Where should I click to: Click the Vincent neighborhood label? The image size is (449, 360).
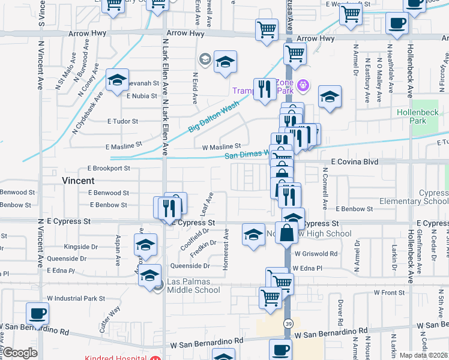[x=78, y=180]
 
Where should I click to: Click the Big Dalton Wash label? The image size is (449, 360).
[x=214, y=115]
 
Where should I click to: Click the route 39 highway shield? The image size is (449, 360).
[x=289, y=324]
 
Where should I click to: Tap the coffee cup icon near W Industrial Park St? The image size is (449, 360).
[x=38, y=314]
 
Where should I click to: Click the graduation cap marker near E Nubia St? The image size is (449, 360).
[x=117, y=80]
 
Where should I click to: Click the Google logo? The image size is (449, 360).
[x=20, y=353]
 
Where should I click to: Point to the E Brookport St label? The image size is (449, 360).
[x=109, y=169]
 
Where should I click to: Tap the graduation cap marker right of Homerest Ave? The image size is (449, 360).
[x=253, y=234]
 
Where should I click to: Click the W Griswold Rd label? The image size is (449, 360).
[x=315, y=254]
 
